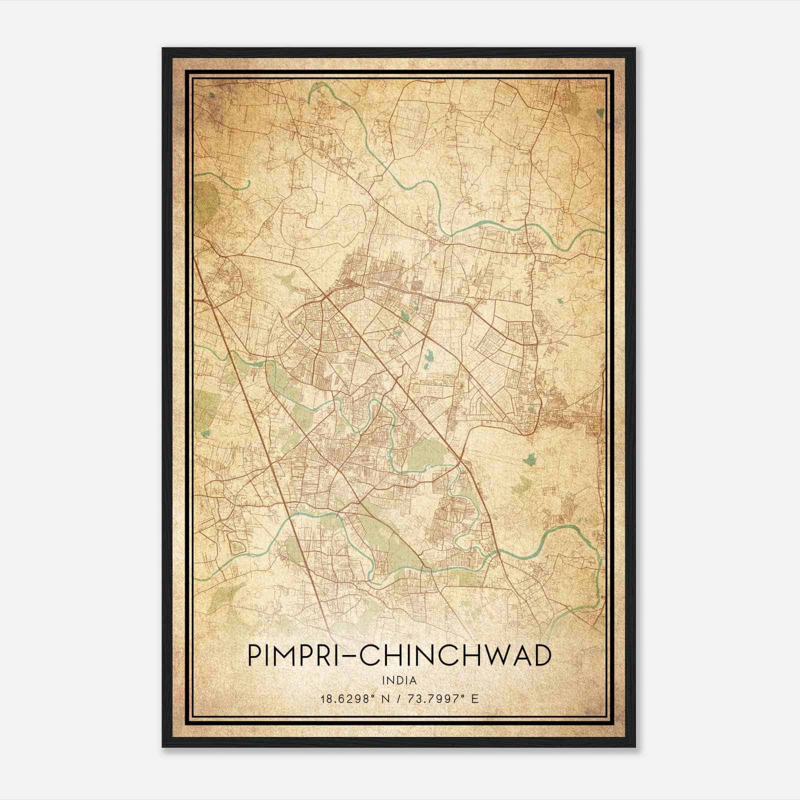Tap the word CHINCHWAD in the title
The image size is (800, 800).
455,656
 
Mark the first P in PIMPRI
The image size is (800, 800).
255,656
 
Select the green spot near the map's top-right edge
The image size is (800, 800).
599,113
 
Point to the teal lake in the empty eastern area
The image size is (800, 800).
530,458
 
